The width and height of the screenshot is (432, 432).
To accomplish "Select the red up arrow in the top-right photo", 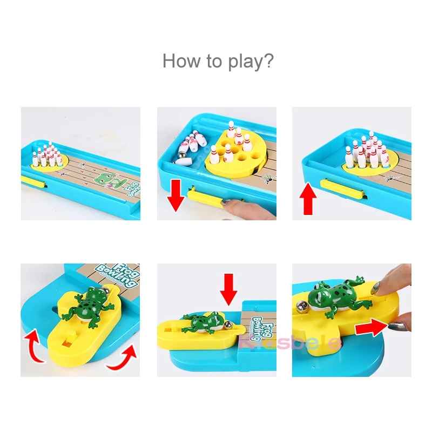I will tap(308, 198).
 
